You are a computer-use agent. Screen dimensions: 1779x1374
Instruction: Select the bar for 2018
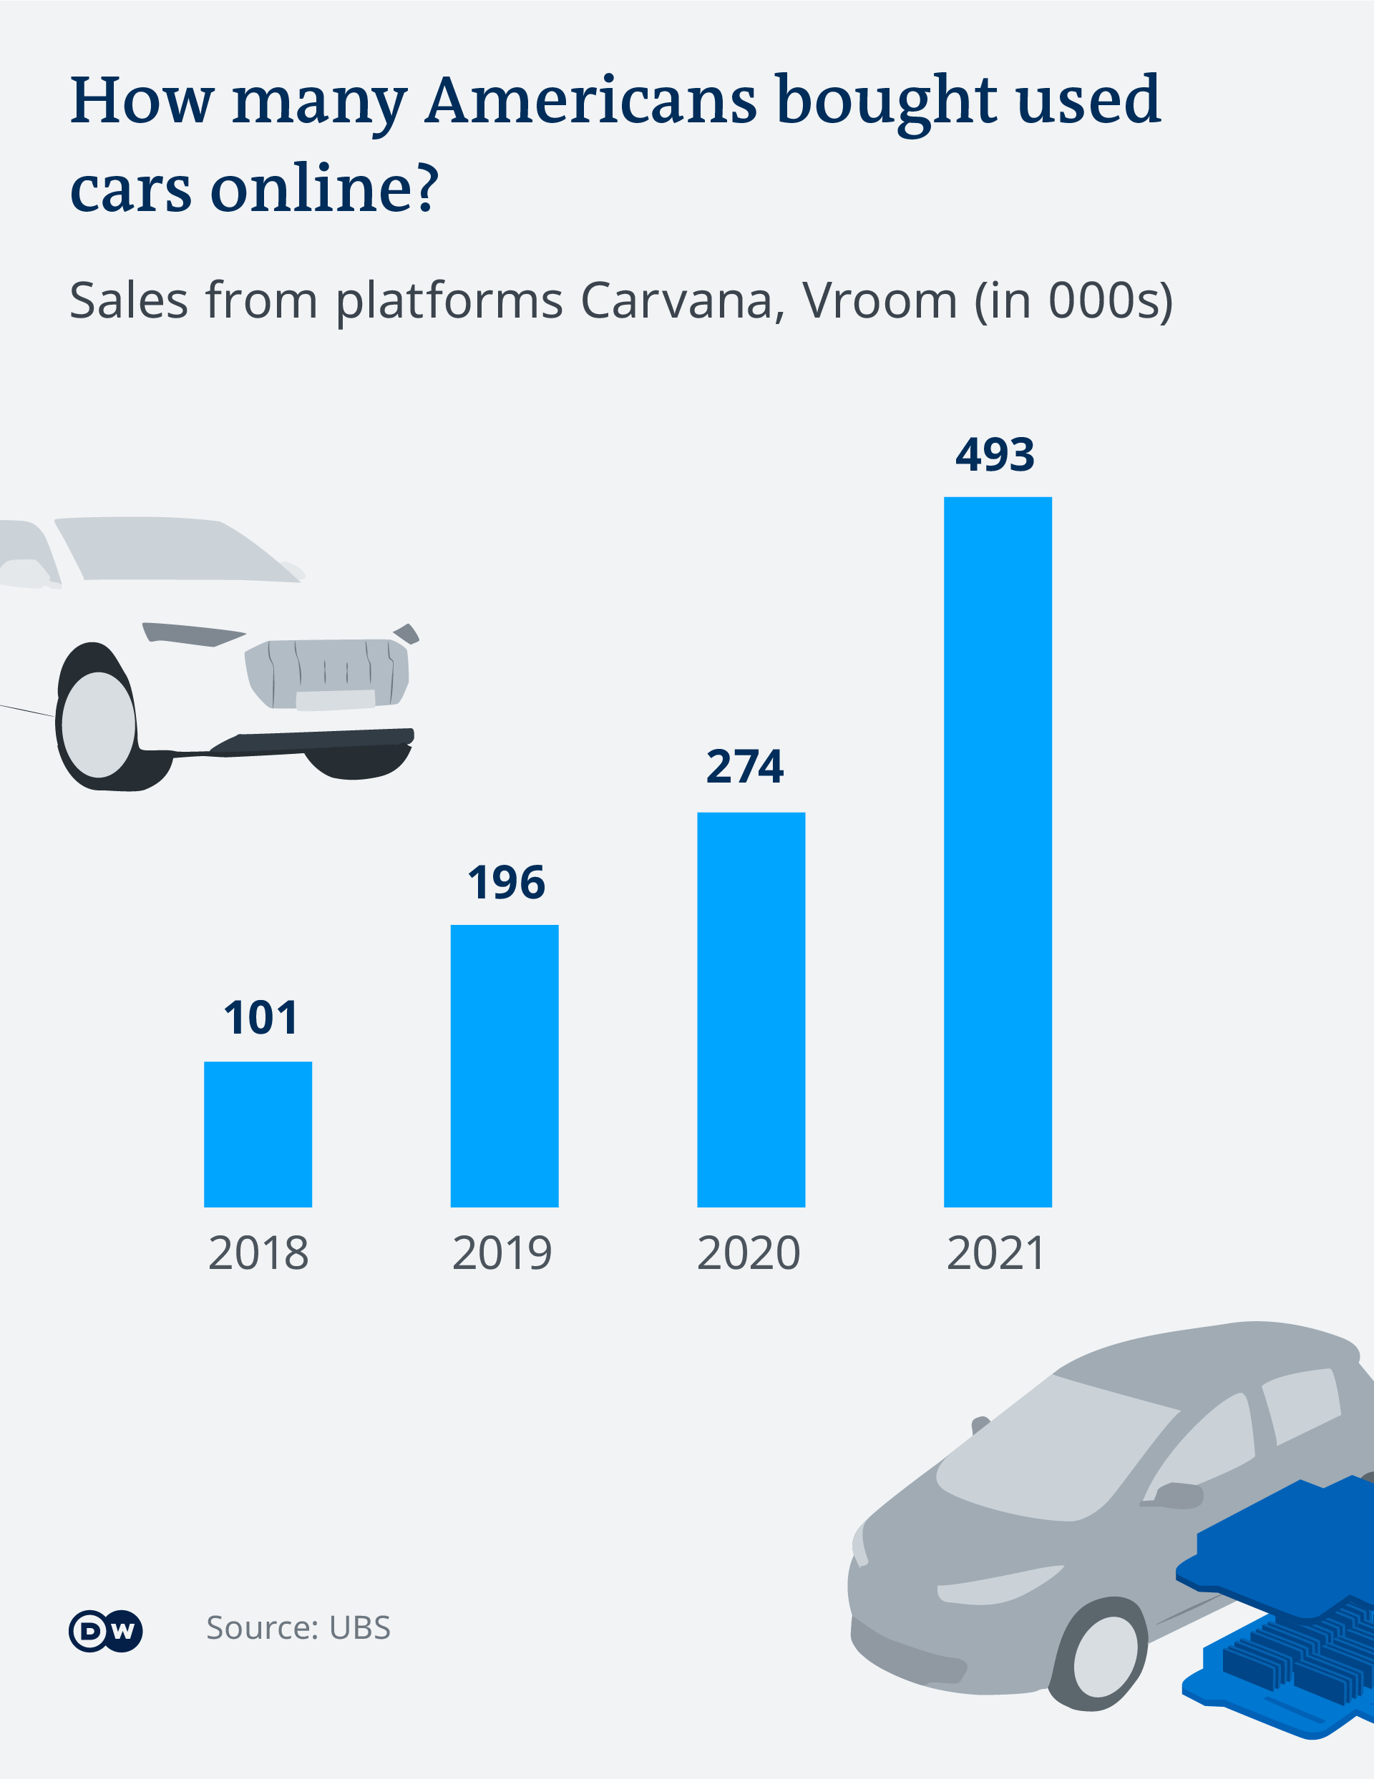pos(258,1134)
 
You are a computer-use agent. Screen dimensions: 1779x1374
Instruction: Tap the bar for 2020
pos(751,1009)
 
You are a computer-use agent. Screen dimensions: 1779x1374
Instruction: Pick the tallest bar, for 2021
pos(998,851)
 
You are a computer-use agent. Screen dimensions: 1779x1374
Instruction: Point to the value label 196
pos(506,883)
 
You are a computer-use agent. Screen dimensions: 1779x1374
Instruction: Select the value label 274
pos(745,767)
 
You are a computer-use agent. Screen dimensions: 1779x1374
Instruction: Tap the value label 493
pos(995,454)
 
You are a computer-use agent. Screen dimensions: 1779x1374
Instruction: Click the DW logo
pos(106,1631)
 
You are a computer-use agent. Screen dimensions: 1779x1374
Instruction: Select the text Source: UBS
pos(298,1627)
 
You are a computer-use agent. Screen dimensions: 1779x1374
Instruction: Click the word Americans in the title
pos(591,101)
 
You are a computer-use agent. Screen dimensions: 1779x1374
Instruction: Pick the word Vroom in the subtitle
pos(880,300)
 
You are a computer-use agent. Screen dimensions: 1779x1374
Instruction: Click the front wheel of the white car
pos(98,724)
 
